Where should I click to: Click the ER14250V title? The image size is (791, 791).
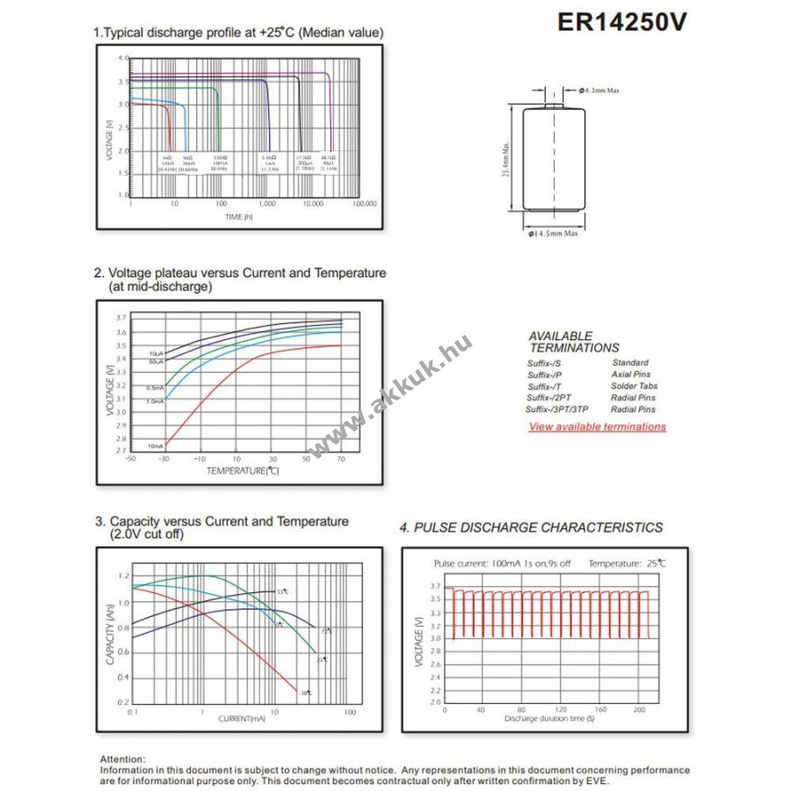621,23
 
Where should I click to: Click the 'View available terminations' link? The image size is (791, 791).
597,427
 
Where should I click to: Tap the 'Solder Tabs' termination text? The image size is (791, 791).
634,387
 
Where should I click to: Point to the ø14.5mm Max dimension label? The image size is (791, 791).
553,233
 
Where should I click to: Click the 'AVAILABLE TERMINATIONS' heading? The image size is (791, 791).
574,342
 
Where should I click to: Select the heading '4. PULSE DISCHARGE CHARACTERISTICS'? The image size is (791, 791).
531,527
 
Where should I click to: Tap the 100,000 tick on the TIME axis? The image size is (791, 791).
364,203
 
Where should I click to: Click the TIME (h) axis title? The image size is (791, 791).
238,216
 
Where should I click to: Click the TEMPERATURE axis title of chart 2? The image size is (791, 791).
243,471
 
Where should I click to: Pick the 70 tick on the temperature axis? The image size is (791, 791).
341,459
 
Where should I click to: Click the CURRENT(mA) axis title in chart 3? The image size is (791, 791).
242,719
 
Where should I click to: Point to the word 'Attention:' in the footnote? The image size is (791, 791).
123,758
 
